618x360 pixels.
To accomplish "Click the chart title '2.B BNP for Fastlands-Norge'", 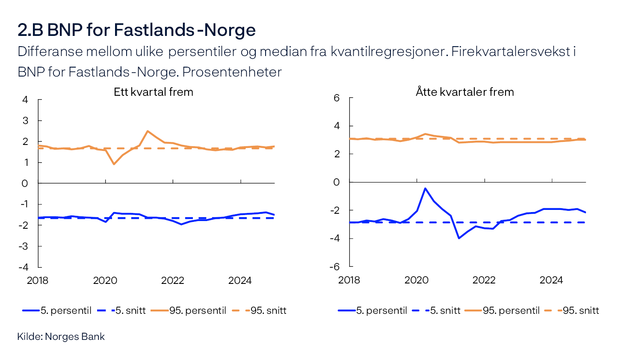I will click(x=136, y=30).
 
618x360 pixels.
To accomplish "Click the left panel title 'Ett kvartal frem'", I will click(x=153, y=92).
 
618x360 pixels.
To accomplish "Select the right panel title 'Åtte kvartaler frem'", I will click(x=464, y=92).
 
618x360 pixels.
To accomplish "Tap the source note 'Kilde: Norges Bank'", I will click(x=61, y=336).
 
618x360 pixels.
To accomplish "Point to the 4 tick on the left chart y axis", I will click(x=25, y=100).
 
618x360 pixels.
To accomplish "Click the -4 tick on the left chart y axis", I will click(x=24, y=267).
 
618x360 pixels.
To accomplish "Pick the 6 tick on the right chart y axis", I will click(x=337, y=98).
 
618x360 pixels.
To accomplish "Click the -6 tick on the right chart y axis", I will click(x=334, y=266).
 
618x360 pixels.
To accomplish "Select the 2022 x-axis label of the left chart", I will click(x=172, y=280).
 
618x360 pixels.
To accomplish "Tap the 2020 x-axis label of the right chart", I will click(x=416, y=280).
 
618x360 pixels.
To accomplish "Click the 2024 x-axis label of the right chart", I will click(x=551, y=280).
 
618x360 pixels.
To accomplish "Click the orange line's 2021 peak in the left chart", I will click(x=148, y=131).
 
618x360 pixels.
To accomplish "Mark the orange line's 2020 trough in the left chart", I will click(x=114, y=164).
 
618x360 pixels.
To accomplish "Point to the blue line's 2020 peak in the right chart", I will click(x=425, y=188).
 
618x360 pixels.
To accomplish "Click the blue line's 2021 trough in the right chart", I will click(x=459, y=238).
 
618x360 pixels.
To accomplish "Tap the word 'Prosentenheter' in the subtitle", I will click(x=232, y=72).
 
